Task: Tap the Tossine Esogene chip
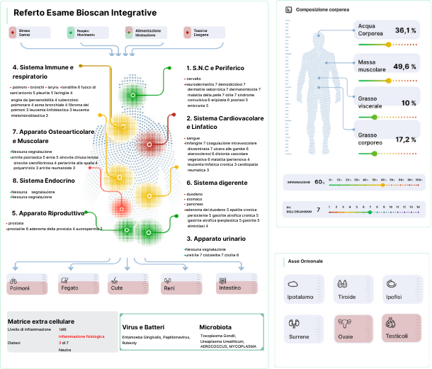pos(200,33)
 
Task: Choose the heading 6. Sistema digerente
pos(217,183)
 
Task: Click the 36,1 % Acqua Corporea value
pos(404,30)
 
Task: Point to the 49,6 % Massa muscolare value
pos(404,67)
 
